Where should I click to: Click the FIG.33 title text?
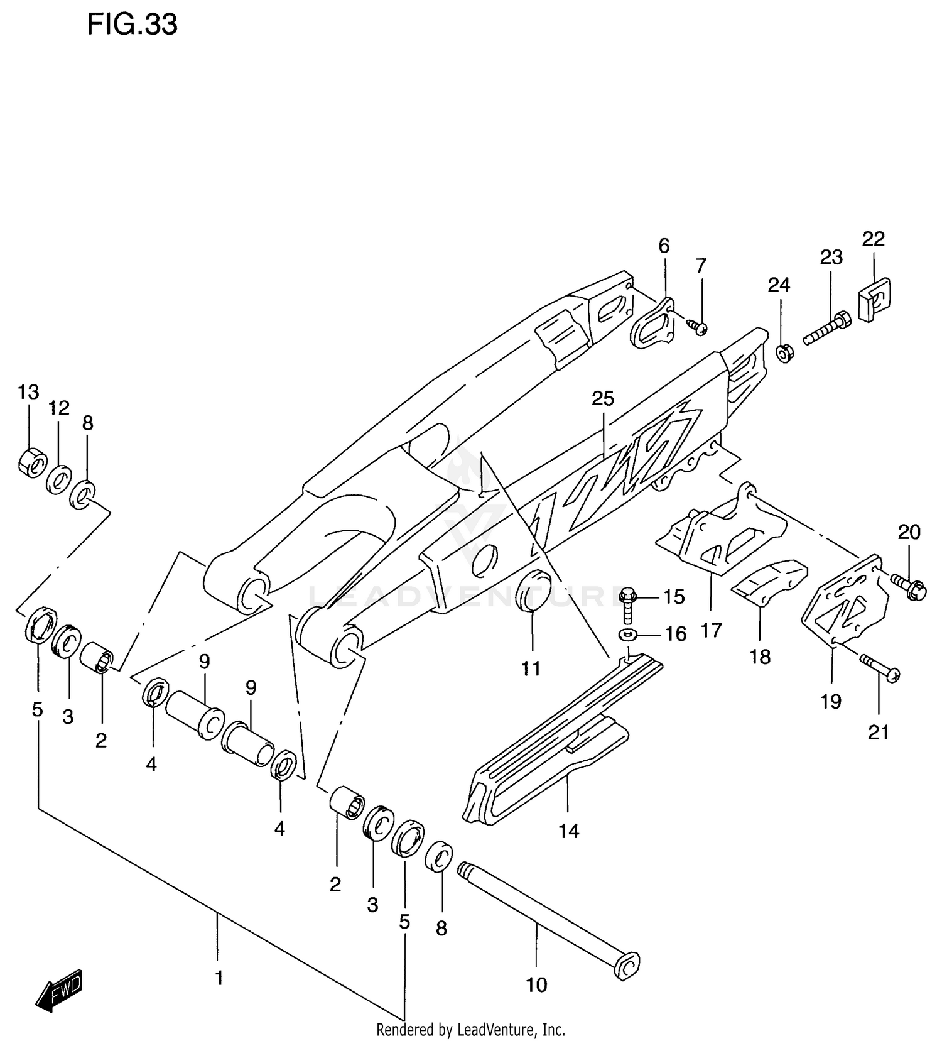tap(132, 25)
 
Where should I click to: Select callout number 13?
tap(28, 392)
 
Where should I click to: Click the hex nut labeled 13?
tap(31, 463)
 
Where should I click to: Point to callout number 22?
tap(873, 239)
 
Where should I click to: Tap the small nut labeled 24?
tap(783, 353)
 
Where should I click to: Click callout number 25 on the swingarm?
tap(603, 398)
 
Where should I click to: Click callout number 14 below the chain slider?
tap(568, 831)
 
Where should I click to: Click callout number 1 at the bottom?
tap(219, 978)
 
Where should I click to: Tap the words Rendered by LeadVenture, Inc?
tap(470, 1030)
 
